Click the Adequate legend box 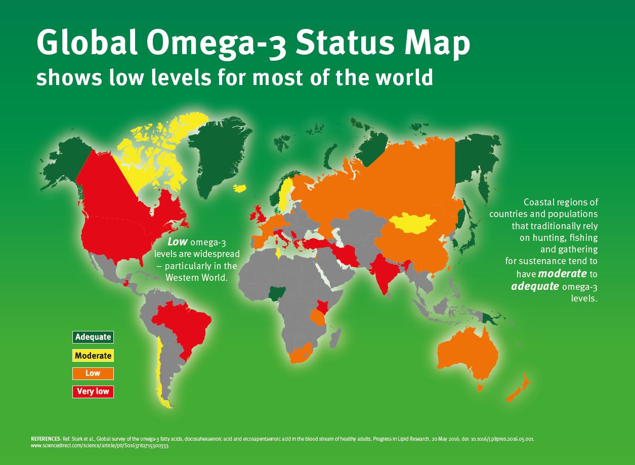[x=93, y=337]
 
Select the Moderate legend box [x=93, y=355]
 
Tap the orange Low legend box [x=93, y=373]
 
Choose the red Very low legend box [x=93, y=392]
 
